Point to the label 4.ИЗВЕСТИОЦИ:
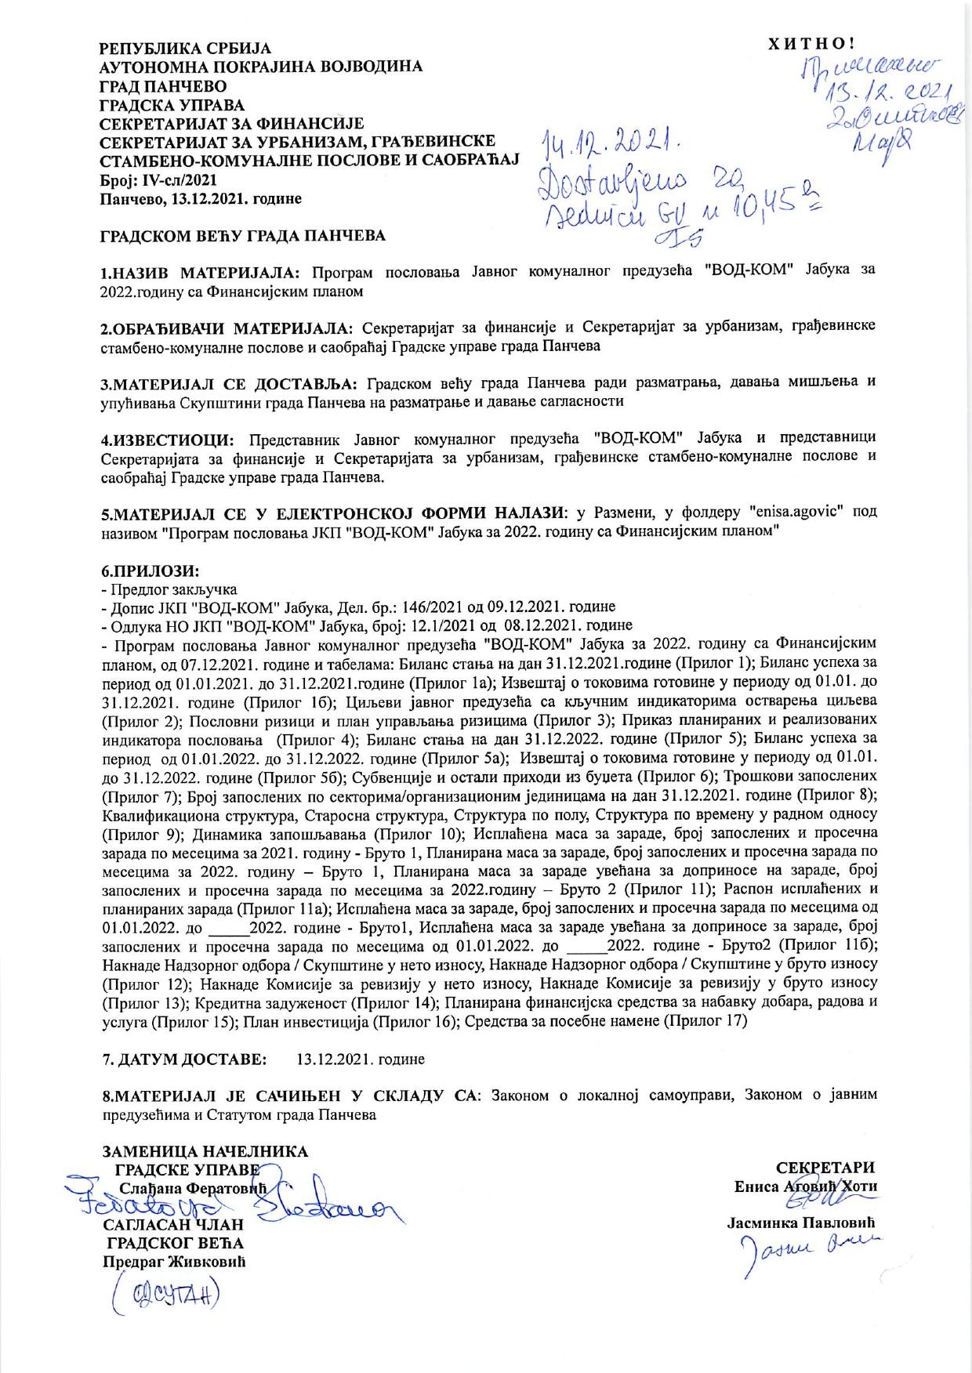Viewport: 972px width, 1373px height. pos(167,437)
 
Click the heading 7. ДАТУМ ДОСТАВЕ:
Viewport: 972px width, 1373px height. pos(184,1060)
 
